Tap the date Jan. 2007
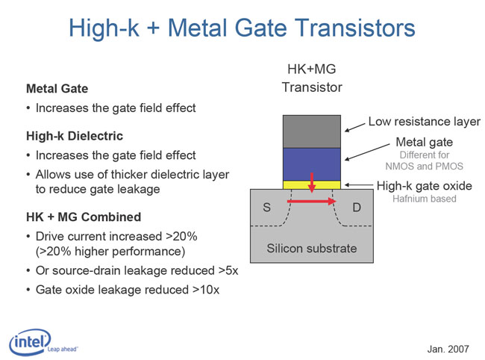pos(448,349)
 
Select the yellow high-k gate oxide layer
pos(312,185)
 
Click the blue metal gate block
pos(312,164)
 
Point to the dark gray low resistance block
pos(312,132)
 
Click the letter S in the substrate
pos(266,208)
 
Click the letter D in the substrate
pos(357,208)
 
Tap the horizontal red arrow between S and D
pos(311,202)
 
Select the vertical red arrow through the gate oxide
pos(312,183)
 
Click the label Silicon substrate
pos(312,248)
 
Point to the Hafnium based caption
pos(425,199)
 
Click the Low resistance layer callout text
pos(425,121)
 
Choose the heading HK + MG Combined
pos(84,217)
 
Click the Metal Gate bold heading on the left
pos(57,89)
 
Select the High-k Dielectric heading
pos(75,136)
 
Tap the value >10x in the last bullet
pos(206,290)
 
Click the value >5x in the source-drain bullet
pos(228,270)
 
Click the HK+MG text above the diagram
pos(312,69)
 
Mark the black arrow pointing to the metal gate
pos(367,152)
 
